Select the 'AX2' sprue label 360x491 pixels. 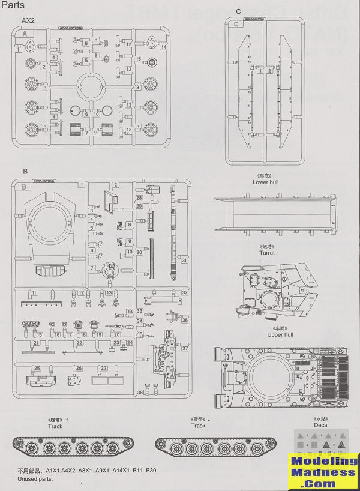pos(28,20)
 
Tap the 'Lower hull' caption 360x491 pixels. pos(265,182)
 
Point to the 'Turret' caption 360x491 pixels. pos(267,253)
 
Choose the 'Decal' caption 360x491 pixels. pos(321,425)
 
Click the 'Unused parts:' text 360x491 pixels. pos(35,478)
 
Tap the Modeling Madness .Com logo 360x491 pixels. pos(322,472)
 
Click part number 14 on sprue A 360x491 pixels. pos(164,46)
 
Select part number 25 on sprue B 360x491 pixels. pos(37,368)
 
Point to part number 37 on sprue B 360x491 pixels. pos(185,348)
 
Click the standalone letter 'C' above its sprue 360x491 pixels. pos(238,11)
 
